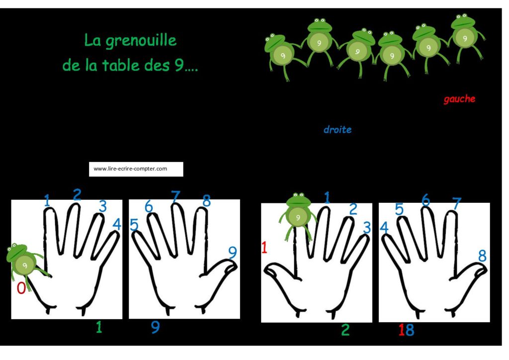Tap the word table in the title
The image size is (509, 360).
point(120,65)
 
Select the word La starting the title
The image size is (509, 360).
point(92,40)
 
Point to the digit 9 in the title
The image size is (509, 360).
point(179,66)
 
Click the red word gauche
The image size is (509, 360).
point(459,99)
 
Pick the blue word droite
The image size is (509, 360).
point(338,129)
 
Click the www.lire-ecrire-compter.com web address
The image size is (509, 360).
point(130,169)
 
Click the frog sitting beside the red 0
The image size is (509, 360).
point(24,263)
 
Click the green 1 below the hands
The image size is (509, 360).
point(99,327)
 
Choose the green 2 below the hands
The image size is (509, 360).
point(345,330)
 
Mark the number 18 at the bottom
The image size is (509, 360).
point(407,330)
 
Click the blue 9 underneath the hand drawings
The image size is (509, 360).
point(156,327)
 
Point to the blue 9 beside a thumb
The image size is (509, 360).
point(233,252)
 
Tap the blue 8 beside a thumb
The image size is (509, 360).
point(482,256)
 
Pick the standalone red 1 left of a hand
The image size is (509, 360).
point(264,248)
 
